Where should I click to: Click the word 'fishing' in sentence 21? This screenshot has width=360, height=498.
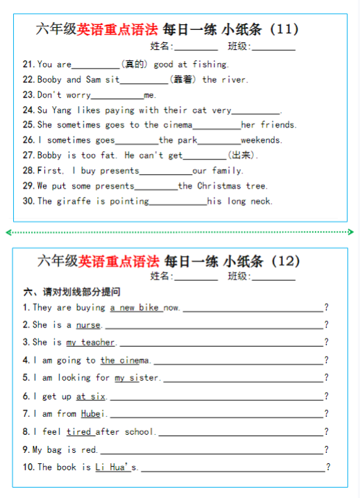point(210,65)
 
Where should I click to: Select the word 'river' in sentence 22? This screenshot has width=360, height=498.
point(234,80)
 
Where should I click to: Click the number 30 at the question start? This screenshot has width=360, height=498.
point(28,202)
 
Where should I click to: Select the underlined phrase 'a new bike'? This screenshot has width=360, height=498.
point(135,308)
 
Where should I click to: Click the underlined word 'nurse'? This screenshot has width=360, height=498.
point(88,325)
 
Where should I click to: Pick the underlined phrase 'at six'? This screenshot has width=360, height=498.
point(91,397)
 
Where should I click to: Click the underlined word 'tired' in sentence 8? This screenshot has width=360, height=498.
point(79,432)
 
